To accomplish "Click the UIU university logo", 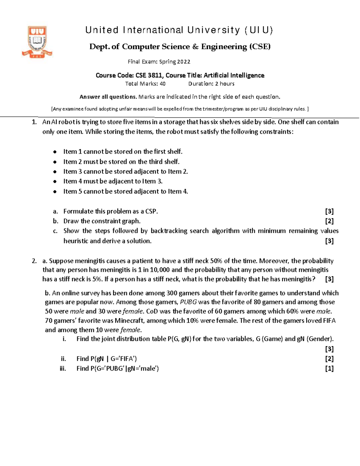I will pos(37,41).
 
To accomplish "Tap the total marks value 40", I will pos(162,84).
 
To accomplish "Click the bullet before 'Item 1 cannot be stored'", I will pos(55,152).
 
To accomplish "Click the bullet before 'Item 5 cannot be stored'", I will pos(55,192).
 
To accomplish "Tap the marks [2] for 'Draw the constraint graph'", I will pos(329,221).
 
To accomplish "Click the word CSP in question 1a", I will pos(151,211).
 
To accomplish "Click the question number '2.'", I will pos(34,261).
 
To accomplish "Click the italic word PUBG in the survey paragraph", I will pos(188,302).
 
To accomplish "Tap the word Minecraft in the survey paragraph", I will pos(129,320).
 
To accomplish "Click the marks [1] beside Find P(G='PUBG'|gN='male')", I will pos(329,368).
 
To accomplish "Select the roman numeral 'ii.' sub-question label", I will pos(63,359).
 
